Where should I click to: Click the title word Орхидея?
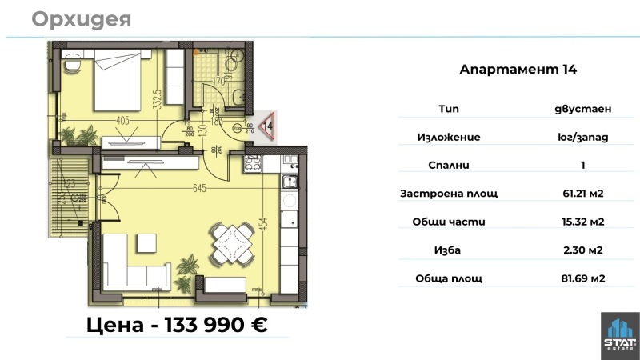[82, 18]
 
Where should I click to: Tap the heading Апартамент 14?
[518, 70]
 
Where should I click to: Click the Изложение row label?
[449, 137]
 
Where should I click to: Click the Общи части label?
[449, 222]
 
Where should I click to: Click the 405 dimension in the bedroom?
[122, 122]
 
